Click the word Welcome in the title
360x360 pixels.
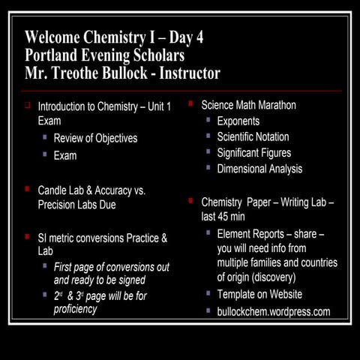(x=54, y=37)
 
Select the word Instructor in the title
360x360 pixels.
(x=187, y=73)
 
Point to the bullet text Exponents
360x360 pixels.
(x=238, y=121)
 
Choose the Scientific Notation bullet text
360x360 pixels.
(x=253, y=136)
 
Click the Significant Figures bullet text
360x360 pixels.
(x=254, y=153)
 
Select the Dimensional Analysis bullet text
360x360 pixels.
(x=259, y=169)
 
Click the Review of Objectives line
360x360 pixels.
(x=95, y=139)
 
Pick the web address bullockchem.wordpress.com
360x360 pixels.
(x=274, y=310)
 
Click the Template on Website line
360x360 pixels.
(x=259, y=294)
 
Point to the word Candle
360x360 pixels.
(x=54, y=190)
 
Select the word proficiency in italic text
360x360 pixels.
(x=75, y=309)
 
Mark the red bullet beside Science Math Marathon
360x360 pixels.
(x=191, y=103)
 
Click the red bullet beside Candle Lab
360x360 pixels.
(x=28, y=190)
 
